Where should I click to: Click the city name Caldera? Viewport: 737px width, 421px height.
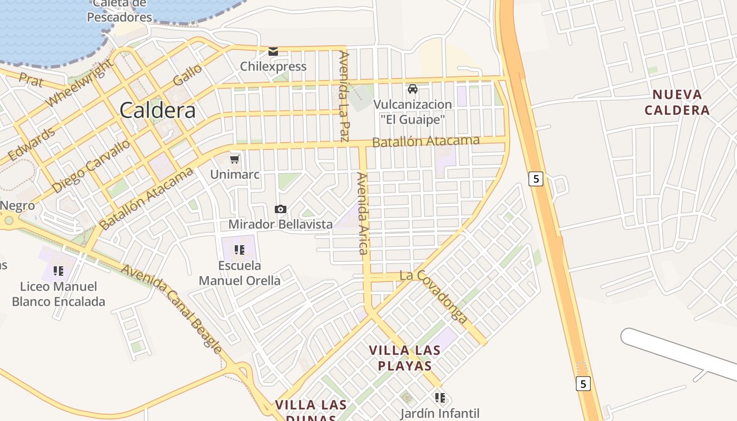pos(157,111)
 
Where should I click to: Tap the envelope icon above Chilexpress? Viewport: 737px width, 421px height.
pos(273,51)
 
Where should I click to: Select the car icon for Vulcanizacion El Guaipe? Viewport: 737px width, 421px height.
pos(413,89)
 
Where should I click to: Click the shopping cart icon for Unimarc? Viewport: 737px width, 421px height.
pos(235,159)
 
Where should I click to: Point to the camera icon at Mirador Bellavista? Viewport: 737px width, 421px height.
pos(281,209)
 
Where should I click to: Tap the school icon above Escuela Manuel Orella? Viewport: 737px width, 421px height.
pos(240,249)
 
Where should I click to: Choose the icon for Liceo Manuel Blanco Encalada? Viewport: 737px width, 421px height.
pos(58,271)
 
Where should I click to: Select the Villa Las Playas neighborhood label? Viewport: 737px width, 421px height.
pos(404,358)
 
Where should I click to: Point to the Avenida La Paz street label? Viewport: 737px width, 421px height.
pos(344,96)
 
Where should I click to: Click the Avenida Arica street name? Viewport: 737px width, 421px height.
pos(362,213)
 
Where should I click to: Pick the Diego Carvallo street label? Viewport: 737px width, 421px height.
pos(91,166)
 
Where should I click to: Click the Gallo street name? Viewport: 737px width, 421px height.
pos(187,75)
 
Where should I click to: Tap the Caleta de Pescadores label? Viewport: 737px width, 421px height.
pos(119,11)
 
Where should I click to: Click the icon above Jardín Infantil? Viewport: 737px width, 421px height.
pos(440,397)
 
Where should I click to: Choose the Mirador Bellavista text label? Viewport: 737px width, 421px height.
pos(280,225)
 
